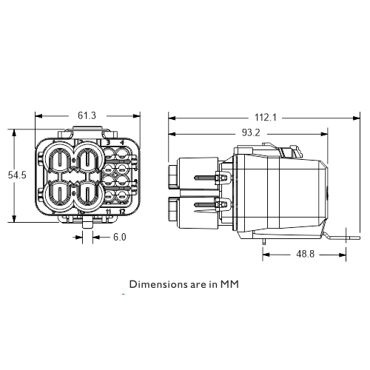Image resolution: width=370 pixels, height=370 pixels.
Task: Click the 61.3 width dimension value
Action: (x=87, y=115)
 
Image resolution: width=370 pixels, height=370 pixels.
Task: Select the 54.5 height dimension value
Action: (x=17, y=175)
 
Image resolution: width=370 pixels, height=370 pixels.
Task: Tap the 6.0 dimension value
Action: (x=120, y=237)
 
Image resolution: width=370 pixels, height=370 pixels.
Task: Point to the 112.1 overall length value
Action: (x=266, y=118)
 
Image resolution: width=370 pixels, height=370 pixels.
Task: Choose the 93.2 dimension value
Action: (x=251, y=133)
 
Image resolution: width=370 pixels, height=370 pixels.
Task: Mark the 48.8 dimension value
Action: (x=306, y=254)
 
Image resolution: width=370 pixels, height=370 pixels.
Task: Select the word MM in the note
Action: (x=229, y=284)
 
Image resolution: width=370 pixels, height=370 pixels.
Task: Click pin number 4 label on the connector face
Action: (x=122, y=143)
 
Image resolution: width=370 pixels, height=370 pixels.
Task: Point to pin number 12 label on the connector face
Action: (x=122, y=212)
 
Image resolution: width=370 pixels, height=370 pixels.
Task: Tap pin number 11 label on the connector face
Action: (x=108, y=212)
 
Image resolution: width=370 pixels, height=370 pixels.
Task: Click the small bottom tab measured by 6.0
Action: (x=87, y=224)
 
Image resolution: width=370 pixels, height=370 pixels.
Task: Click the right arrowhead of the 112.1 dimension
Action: (x=357, y=118)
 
